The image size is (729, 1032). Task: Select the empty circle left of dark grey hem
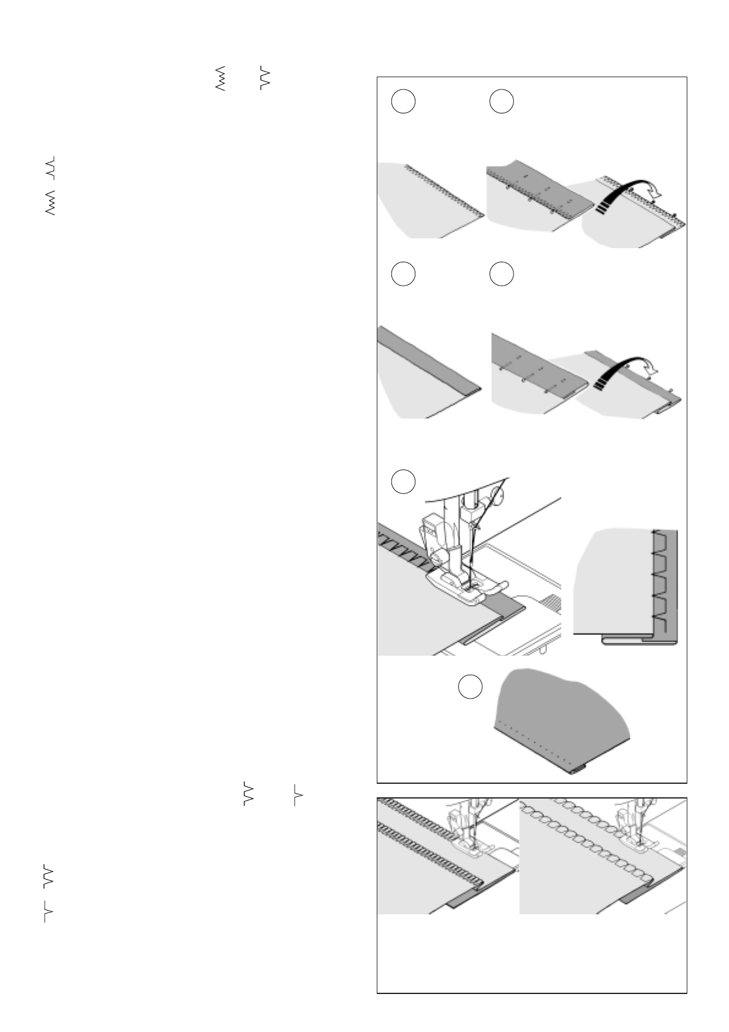pos(470,687)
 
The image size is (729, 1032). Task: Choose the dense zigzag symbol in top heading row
pos(221,78)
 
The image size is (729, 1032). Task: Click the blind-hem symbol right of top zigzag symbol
pos(265,78)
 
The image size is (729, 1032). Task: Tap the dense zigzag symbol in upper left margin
pos(51,203)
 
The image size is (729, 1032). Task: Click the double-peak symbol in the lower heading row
pos(247,794)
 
